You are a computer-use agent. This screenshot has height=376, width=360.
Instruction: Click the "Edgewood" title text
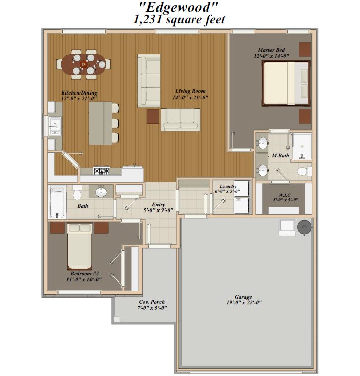pyautogui.click(x=178, y=7)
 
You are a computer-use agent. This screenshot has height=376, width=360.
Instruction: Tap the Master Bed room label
pyautogui.click(x=271, y=50)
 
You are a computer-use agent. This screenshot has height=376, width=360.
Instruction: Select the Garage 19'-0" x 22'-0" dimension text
pyautogui.click(x=244, y=302)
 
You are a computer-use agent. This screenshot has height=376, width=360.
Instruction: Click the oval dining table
pyautogui.click(x=83, y=64)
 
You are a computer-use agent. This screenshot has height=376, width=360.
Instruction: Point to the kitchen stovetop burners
pyautogui.click(x=102, y=171)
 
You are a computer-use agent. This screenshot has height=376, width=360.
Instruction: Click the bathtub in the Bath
pyautogui.click(x=58, y=202)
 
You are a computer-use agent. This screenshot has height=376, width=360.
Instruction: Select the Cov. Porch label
pyautogui.click(x=152, y=302)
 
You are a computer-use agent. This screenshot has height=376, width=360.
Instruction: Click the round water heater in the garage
pyautogui.click(x=304, y=227)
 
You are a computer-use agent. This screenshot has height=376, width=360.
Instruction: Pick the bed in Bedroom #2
pyautogui.click(x=79, y=246)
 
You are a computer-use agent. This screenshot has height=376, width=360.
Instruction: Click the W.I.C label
pyautogui.click(x=285, y=195)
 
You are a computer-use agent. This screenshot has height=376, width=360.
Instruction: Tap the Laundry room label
pyautogui.click(x=228, y=186)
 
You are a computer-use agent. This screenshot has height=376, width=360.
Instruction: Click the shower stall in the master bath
pyautogui.click(x=302, y=146)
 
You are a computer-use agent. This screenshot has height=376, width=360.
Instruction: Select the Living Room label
pyautogui.click(x=190, y=91)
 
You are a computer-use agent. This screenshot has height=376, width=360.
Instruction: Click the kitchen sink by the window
pyautogui.click(x=55, y=126)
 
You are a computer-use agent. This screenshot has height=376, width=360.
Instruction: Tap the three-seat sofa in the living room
pyautogui.click(x=149, y=81)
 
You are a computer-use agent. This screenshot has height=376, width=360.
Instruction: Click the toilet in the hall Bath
pyautogui.click(x=77, y=192)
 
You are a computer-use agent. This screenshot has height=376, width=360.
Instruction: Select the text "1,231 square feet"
pyautogui.click(x=179, y=20)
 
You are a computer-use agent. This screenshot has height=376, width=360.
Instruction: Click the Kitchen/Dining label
pyautogui.click(x=79, y=92)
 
